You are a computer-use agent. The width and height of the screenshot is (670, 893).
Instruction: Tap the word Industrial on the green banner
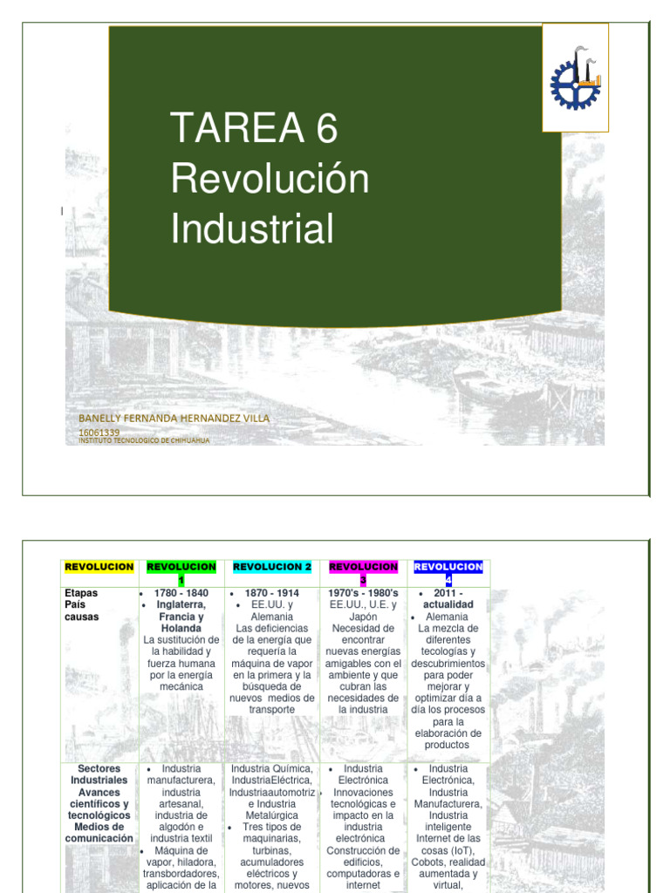click(x=252, y=228)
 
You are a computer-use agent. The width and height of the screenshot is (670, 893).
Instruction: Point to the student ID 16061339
click(x=99, y=432)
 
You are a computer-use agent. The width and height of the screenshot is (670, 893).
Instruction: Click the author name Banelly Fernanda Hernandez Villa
click(x=174, y=419)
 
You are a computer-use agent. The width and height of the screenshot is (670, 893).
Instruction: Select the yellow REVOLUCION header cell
click(x=99, y=567)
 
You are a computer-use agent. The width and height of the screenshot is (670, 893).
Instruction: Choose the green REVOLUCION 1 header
click(x=181, y=573)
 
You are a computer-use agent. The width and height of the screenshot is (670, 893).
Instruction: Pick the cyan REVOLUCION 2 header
click(x=272, y=567)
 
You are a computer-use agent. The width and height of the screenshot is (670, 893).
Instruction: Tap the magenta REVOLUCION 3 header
click(x=363, y=573)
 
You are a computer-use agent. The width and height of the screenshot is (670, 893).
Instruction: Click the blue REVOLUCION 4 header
click(x=448, y=573)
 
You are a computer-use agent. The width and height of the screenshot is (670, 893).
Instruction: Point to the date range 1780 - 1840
click(x=181, y=593)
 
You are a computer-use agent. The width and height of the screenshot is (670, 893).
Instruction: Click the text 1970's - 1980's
click(x=363, y=593)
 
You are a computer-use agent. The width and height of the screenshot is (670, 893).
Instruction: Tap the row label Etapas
click(x=81, y=593)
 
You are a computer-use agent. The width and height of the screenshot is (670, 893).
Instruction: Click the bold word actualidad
click(x=448, y=604)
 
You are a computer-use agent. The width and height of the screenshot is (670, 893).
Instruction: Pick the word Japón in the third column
click(x=363, y=617)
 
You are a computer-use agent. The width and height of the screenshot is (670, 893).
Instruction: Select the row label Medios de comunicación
click(x=99, y=832)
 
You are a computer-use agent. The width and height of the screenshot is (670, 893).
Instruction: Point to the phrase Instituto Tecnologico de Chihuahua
click(x=144, y=440)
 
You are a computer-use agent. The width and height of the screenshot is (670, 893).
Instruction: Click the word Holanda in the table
click(x=181, y=628)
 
